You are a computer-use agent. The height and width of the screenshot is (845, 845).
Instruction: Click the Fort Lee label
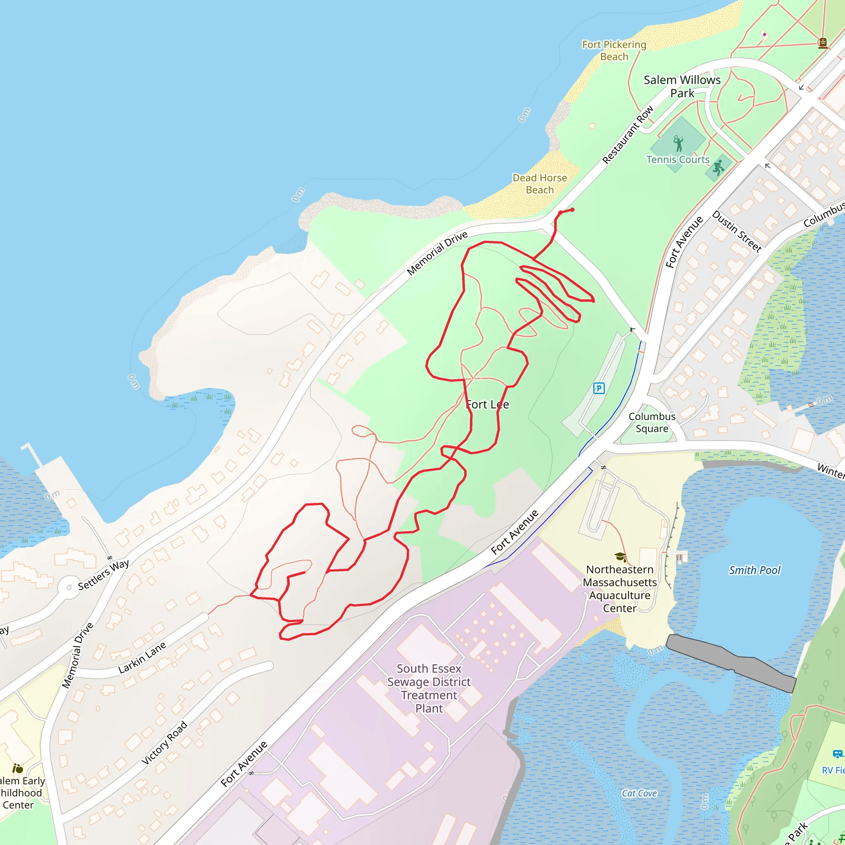[x=487, y=405]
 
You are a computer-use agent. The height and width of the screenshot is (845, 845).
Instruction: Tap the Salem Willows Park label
[x=682, y=87]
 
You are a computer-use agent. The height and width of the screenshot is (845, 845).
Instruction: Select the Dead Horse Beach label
[x=540, y=184]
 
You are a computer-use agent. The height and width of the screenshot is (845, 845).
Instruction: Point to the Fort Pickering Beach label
[x=614, y=51]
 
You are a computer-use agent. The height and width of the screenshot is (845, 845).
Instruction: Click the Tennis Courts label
[x=678, y=160]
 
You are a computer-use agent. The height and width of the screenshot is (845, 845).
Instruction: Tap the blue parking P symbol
[x=599, y=388]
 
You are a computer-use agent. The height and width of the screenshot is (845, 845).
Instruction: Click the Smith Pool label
[x=755, y=570]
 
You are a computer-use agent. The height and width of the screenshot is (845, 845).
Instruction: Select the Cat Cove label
[x=639, y=793]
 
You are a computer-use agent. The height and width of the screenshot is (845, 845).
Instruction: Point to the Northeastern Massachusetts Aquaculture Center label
[x=620, y=589]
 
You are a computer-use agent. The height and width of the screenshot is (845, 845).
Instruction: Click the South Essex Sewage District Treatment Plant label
[x=429, y=689]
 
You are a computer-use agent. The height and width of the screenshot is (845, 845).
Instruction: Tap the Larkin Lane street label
[x=142, y=657]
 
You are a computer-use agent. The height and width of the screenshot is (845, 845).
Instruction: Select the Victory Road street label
[x=165, y=743]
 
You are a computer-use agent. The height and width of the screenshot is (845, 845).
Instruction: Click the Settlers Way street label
[x=104, y=575]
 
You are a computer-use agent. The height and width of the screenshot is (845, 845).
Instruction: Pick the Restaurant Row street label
[x=628, y=135]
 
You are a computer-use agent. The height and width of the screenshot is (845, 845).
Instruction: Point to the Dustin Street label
[x=737, y=231]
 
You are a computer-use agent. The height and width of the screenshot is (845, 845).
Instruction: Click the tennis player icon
[x=678, y=143]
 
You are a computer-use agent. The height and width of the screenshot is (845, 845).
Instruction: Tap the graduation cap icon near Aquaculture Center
[x=620, y=556]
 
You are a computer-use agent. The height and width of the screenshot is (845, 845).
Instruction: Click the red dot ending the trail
[x=572, y=210]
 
